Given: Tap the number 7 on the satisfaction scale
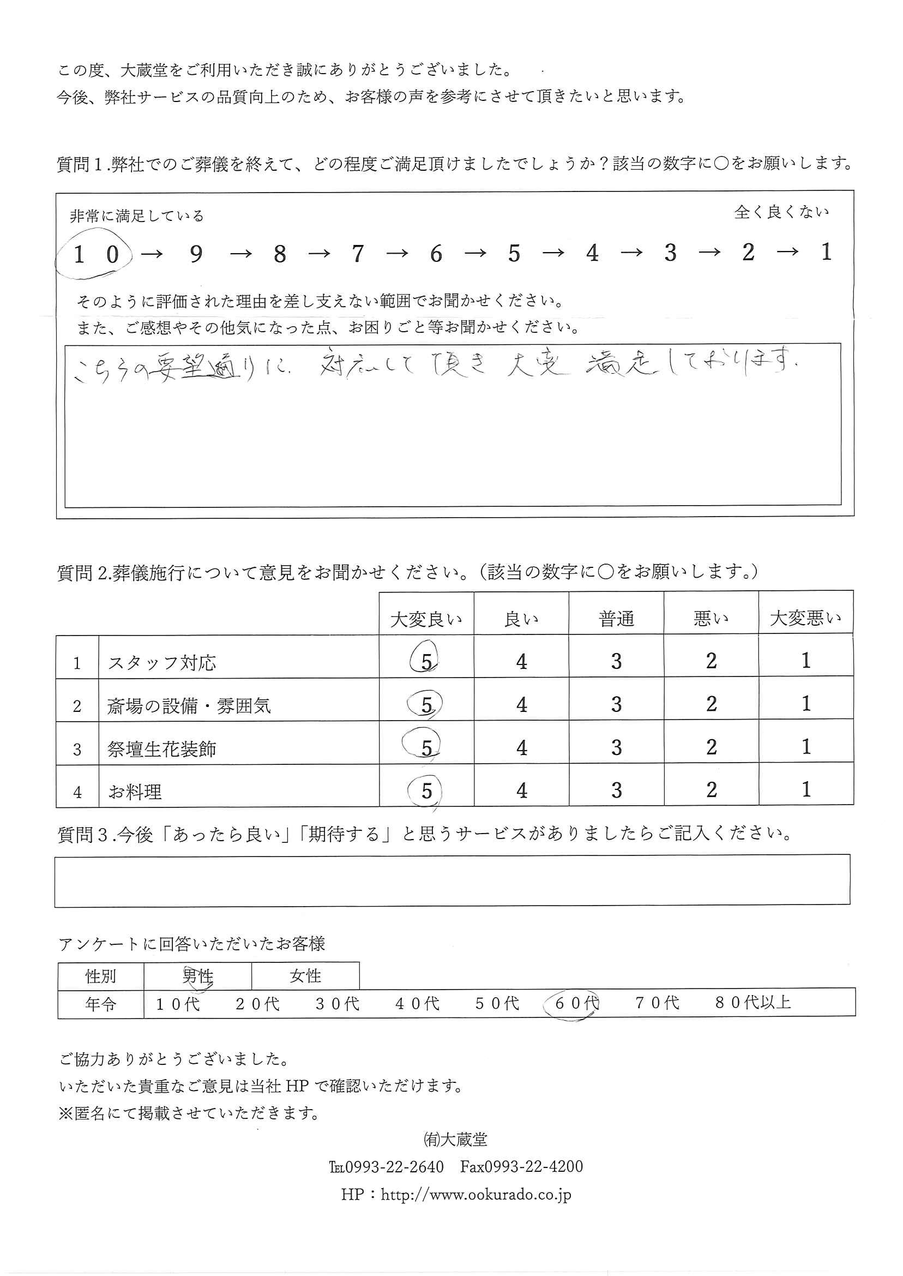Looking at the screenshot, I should pyautogui.click(x=358, y=254).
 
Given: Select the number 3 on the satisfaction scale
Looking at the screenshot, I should pyautogui.click(x=670, y=253).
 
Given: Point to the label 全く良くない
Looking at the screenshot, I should pyautogui.click(x=781, y=212).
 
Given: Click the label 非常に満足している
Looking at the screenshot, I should pyautogui.click(x=137, y=216).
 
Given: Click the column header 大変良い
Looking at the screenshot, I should pyautogui.click(x=426, y=619).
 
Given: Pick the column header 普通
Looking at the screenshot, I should pyautogui.click(x=616, y=619).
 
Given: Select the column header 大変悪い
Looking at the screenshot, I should pyautogui.click(x=805, y=618).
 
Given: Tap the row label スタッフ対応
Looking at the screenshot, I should pyautogui.click(x=162, y=663).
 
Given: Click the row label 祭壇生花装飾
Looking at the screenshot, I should pyautogui.click(x=162, y=749).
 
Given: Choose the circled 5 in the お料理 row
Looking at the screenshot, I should pyautogui.click(x=426, y=791).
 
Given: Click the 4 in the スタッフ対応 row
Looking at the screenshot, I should pyautogui.click(x=521, y=662).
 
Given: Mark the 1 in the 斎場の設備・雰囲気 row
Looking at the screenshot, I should pyautogui.click(x=806, y=704).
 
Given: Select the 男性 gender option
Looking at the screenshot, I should pyautogui.click(x=198, y=976).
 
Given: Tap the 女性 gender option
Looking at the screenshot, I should pyautogui.click(x=305, y=975).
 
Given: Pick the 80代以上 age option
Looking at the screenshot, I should pyautogui.click(x=753, y=1002).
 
